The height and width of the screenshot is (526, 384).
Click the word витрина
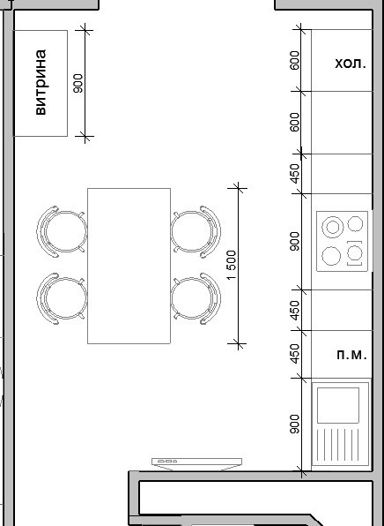[41, 83]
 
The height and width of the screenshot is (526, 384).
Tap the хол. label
[351, 63]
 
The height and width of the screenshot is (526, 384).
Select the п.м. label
[351, 354]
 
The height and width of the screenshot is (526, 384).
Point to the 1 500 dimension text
[232, 265]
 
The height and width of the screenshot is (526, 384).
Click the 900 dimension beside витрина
[78, 83]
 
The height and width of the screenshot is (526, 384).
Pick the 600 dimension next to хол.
[295, 60]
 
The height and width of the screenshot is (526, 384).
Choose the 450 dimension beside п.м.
[295, 353]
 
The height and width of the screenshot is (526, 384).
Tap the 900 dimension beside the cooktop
[295, 241]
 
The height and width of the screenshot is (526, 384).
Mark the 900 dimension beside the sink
[295, 424]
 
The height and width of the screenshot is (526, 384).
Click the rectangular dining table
[129, 266]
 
